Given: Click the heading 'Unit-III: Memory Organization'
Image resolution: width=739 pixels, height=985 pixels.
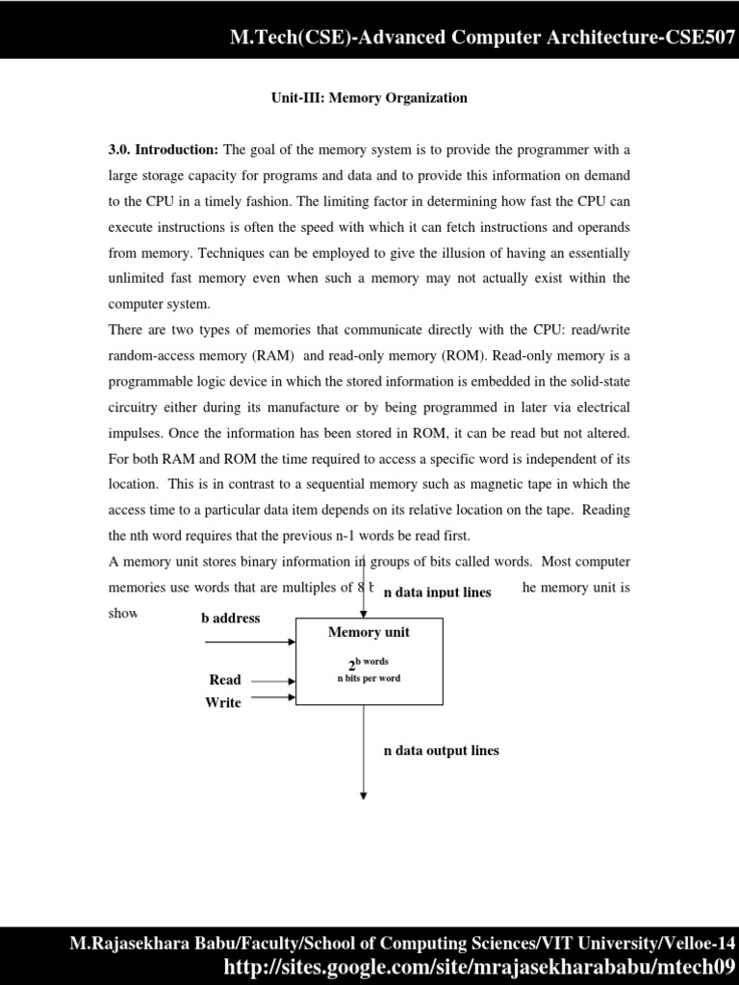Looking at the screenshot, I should (x=368, y=98).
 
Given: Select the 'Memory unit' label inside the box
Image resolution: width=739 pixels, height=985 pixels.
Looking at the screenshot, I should (x=369, y=632).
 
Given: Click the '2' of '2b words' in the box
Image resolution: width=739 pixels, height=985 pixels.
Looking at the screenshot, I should (x=352, y=667).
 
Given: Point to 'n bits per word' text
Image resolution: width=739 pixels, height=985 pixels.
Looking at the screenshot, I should (x=369, y=679).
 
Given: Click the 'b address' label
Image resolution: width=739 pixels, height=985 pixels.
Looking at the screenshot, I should (x=230, y=619).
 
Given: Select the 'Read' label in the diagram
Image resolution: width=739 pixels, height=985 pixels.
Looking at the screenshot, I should (x=225, y=680).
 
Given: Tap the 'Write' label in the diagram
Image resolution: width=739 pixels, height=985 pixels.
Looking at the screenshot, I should (x=222, y=703).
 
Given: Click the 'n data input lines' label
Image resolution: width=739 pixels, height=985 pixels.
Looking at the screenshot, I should (x=437, y=593).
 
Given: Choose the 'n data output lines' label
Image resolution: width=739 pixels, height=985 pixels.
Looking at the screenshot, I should (x=441, y=750).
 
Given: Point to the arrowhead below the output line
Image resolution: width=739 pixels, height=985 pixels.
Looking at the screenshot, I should (x=364, y=795).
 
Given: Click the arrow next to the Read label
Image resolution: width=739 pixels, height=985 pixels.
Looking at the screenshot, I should (x=271, y=680).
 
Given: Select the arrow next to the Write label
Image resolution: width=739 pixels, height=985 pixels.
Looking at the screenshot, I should (x=271, y=699).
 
